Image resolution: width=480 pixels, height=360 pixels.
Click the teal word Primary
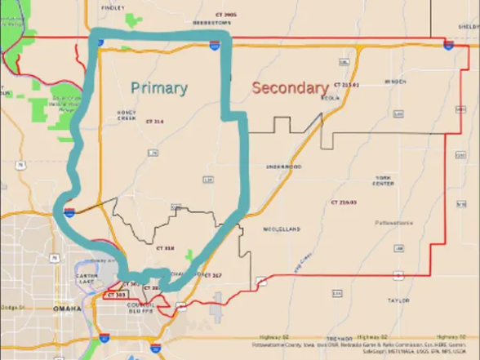click(159, 87)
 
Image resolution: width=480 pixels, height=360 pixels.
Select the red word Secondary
click(290, 87)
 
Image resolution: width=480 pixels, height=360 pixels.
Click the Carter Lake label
click(87, 280)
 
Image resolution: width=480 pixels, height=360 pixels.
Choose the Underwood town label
click(283, 167)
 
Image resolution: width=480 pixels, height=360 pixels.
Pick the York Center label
click(384, 180)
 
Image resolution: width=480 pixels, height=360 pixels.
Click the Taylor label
click(398, 300)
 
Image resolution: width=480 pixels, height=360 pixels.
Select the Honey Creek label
click(127, 115)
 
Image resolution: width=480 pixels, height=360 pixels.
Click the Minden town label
click(395, 82)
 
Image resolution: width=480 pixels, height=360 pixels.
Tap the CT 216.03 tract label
click(344, 201)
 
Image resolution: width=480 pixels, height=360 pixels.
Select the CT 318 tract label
click(165, 247)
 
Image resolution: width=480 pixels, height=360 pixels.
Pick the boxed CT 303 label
click(116, 294)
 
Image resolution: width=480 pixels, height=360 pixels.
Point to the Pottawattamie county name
click(394, 222)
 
